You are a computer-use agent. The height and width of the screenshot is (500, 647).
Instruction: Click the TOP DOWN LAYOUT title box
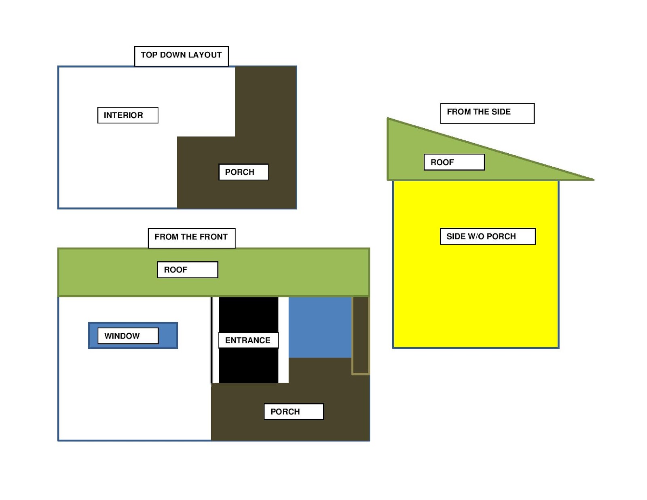click(181, 56)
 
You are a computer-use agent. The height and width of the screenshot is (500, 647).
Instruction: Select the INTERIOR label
click(127, 115)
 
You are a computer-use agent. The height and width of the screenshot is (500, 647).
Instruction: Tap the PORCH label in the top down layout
click(243, 172)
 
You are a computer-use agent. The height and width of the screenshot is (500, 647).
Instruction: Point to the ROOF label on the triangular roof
click(454, 162)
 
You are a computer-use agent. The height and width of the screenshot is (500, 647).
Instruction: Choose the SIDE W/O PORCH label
click(487, 236)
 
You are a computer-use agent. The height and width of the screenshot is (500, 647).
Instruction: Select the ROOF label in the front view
click(187, 270)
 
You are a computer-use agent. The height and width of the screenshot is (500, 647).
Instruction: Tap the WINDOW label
click(128, 336)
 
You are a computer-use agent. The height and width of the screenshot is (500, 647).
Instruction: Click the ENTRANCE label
click(248, 340)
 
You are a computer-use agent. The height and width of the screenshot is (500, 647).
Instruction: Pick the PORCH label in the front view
click(294, 411)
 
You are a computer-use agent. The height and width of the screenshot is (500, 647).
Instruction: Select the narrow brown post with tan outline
click(360, 335)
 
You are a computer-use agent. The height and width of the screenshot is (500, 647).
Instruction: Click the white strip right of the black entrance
click(283, 364)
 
